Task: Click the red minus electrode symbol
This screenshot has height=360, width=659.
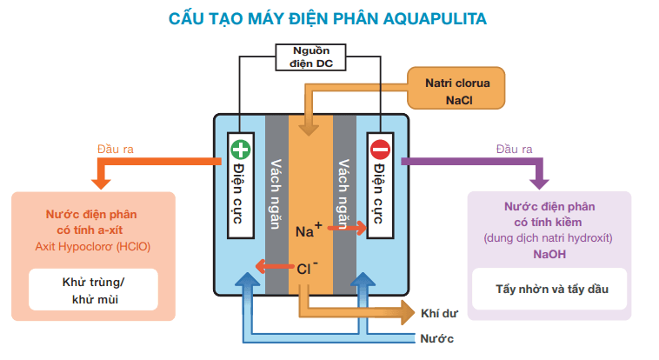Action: [x=379, y=149]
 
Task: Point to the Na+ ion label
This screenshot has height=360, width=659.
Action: [x=308, y=230]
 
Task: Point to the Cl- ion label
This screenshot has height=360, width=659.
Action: [x=307, y=268]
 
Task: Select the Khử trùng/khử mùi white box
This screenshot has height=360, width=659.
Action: [x=94, y=290]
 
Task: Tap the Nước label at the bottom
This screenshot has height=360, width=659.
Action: [x=436, y=338]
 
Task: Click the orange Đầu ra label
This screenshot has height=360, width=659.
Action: [x=115, y=149]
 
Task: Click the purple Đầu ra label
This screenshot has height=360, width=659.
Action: [x=514, y=149]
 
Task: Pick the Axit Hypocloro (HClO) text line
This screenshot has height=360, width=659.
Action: [x=93, y=246]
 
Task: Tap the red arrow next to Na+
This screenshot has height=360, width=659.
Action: [x=348, y=230]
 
